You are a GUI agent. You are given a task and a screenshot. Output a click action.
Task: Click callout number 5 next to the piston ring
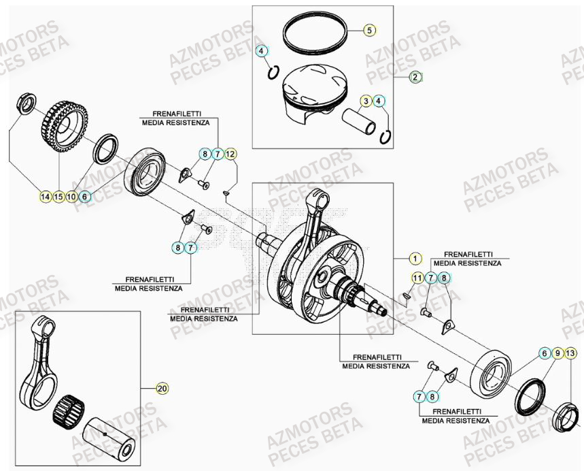click(369, 31)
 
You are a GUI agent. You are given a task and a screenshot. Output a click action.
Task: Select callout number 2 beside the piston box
click(415, 77)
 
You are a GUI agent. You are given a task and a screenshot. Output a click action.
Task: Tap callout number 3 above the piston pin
click(366, 101)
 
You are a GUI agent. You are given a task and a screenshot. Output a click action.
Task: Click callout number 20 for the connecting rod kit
click(161, 389)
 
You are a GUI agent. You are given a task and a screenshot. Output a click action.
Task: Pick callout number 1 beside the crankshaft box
click(415, 259)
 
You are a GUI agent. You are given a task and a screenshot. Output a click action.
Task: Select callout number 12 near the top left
click(230, 155)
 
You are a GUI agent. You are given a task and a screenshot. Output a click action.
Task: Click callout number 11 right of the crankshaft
click(417, 278)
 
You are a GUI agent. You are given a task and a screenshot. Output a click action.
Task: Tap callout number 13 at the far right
click(570, 353)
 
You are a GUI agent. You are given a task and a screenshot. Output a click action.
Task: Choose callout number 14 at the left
click(45, 197)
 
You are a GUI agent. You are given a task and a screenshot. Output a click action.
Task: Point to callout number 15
click(58, 197)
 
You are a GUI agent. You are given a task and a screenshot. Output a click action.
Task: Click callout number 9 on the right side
click(557, 353)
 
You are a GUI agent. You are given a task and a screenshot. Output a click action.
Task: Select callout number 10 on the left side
click(71, 197)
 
